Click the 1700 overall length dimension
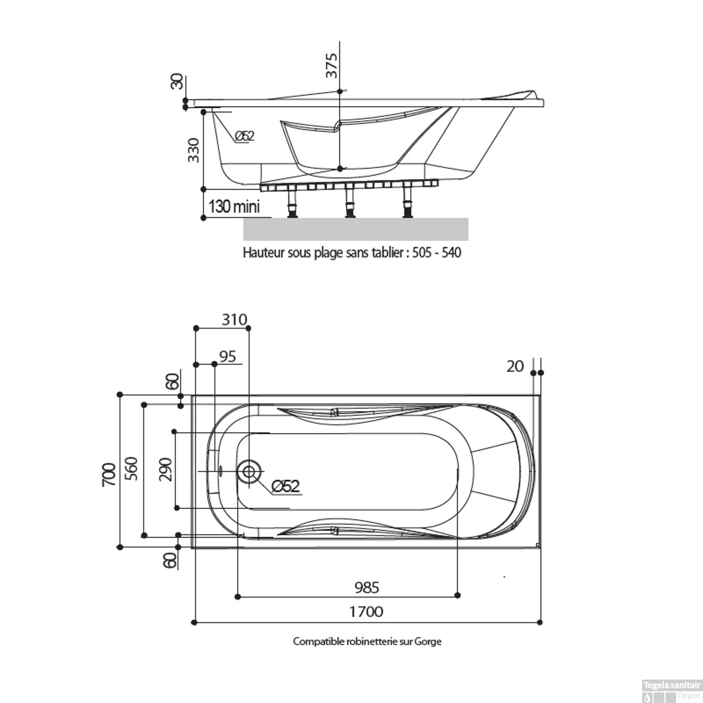(x=366, y=612)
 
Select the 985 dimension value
(x=366, y=587)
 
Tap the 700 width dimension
(x=109, y=474)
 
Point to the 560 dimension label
(x=132, y=468)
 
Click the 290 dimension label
(x=165, y=470)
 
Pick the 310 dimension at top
(x=234, y=320)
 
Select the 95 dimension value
(x=228, y=357)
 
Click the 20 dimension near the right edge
(x=515, y=366)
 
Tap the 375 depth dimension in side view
(x=331, y=65)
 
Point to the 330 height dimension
(x=193, y=150)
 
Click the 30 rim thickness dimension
(x=177, y=82)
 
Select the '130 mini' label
(x=234, y=206)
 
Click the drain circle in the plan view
(x=249, y=471)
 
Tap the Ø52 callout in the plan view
(x=285, y=486)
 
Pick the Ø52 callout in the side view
(x=244, y=136)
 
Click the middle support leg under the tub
(x=349, y=202)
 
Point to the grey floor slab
(x=356, y=229)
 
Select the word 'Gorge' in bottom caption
(x=428, y=641)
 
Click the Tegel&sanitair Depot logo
(x=671, y=691)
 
